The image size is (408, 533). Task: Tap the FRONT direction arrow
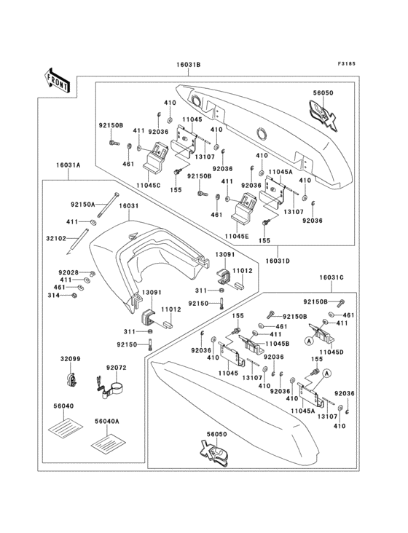click(58, 79)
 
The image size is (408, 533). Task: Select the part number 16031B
click(187, 66)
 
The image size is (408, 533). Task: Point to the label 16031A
click(68, 165)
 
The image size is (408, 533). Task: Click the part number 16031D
click(278, 260)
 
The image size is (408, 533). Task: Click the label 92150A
click(82, 205)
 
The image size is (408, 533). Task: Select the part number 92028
click(69, 272)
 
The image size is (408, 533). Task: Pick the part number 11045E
click(237, 236)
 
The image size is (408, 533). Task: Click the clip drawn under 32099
click(72, 380)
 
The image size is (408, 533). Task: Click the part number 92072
click(117, 368)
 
